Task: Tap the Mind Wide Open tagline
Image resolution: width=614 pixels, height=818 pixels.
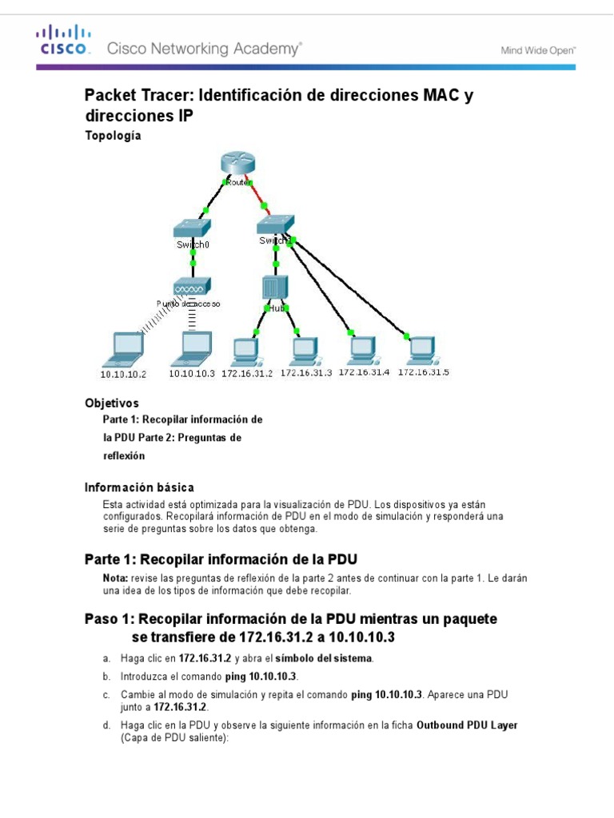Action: (x=538, y=50)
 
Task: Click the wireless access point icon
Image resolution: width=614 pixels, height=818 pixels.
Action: (x=192, y=286)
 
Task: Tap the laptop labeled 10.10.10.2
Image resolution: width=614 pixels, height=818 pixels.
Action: (x=124, y=347)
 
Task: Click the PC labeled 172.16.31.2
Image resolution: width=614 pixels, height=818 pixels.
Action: (x=244, y=350)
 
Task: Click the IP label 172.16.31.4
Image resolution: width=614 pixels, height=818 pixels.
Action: (x=364, y=372)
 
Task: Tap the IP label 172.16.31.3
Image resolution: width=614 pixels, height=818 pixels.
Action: (x=305, y=373)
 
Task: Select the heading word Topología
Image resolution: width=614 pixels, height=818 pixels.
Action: (x=113, y=136)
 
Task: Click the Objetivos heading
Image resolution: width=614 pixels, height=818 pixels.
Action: (x=112, y=403)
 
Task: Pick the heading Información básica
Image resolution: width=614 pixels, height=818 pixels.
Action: (x=139, y=486)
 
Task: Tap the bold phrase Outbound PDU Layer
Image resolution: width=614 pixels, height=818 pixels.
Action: (x=467, y=725)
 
